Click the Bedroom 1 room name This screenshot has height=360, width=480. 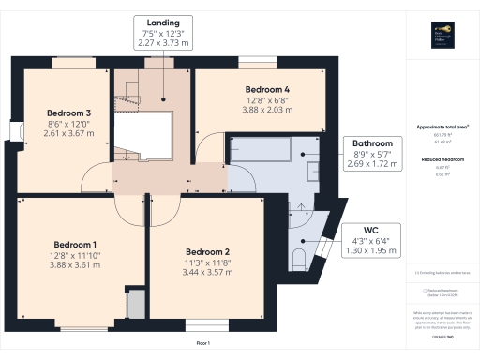point(75,244)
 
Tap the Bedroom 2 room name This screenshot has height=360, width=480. point(207,252)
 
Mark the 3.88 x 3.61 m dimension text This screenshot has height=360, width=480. point(75,265)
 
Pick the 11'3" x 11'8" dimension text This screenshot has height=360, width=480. point(207,262)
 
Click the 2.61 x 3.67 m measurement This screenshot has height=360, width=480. point(65,132)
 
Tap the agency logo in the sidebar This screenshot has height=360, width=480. point(443,33)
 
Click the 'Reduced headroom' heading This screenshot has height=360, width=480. point(442,160)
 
